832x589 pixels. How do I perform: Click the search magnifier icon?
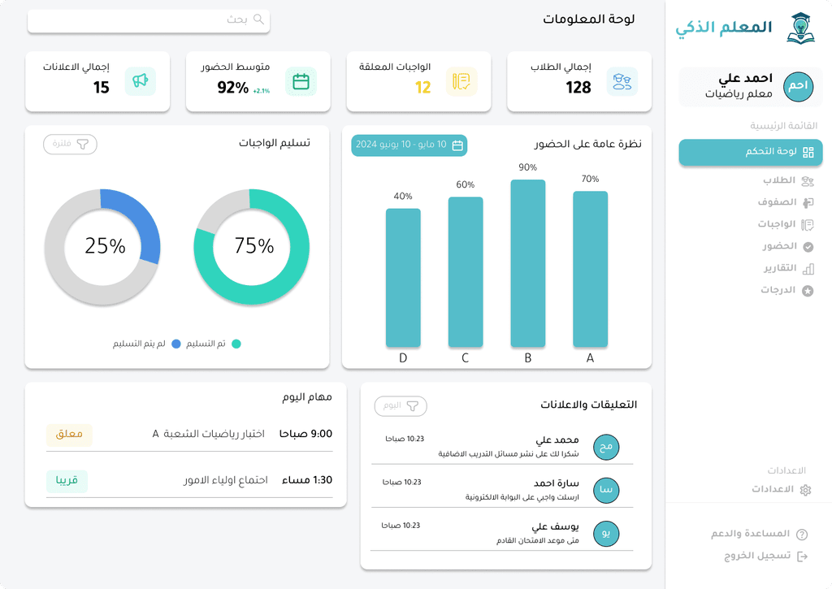point(259,19)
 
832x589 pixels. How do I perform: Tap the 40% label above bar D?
point(403,197)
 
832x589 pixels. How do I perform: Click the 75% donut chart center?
point(252,246)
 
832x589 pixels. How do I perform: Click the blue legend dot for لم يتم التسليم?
point(175,344)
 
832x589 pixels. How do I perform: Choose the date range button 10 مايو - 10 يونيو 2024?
point(409,145)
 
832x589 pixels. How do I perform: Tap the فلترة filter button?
point(70,145)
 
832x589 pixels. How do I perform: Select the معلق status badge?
point(69,435)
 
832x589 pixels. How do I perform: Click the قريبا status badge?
point(67,481)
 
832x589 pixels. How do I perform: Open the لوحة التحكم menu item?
point(750,152)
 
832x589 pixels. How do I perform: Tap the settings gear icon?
point(805,490)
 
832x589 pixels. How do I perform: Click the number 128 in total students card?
point(578,88)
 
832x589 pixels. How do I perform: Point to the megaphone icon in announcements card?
point(140,81)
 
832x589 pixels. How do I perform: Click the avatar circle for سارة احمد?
point(606,490)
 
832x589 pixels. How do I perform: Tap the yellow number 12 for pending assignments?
point(422,88)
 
